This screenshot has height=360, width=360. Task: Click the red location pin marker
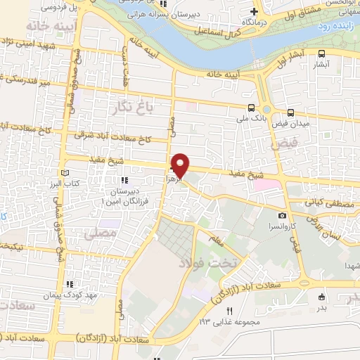tap(181, 165)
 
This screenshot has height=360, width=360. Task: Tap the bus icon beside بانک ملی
tap(251, 108)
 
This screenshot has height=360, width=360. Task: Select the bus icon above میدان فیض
tap(291, 112)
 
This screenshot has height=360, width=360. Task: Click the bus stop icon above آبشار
tap(321, 53)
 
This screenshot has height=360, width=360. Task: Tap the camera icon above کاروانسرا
tap(282, 215)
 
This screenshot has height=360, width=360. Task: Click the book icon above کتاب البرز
tap(65, 173)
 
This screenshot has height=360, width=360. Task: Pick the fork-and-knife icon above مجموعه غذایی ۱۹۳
tap(229, 311)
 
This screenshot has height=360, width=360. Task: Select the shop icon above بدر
tap(322, 297)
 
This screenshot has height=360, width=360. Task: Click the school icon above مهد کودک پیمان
tap(69, 285)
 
